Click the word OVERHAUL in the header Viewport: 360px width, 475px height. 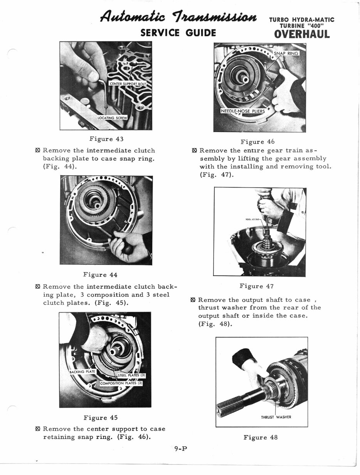tap(302, 34)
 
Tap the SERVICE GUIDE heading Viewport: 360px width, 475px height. tap(178, 32)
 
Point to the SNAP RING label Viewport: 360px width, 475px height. tap(286, 53)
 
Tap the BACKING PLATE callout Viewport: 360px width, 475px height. tap(82, 372)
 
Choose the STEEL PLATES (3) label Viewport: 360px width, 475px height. tap(131, 375)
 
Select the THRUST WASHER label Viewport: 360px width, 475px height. tap(276, 417)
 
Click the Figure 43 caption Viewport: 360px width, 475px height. tap(106, 139)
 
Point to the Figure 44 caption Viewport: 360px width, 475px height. tap(100, 275)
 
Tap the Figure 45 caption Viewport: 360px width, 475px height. tap(101, 418)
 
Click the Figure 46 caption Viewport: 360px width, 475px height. tap(257, 142)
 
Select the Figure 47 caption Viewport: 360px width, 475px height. tap(256, 286)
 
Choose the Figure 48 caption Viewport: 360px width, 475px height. tap(260, 437)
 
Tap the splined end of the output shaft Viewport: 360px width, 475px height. tap(230, 406)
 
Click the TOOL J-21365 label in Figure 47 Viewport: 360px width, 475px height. tap(253, 220)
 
